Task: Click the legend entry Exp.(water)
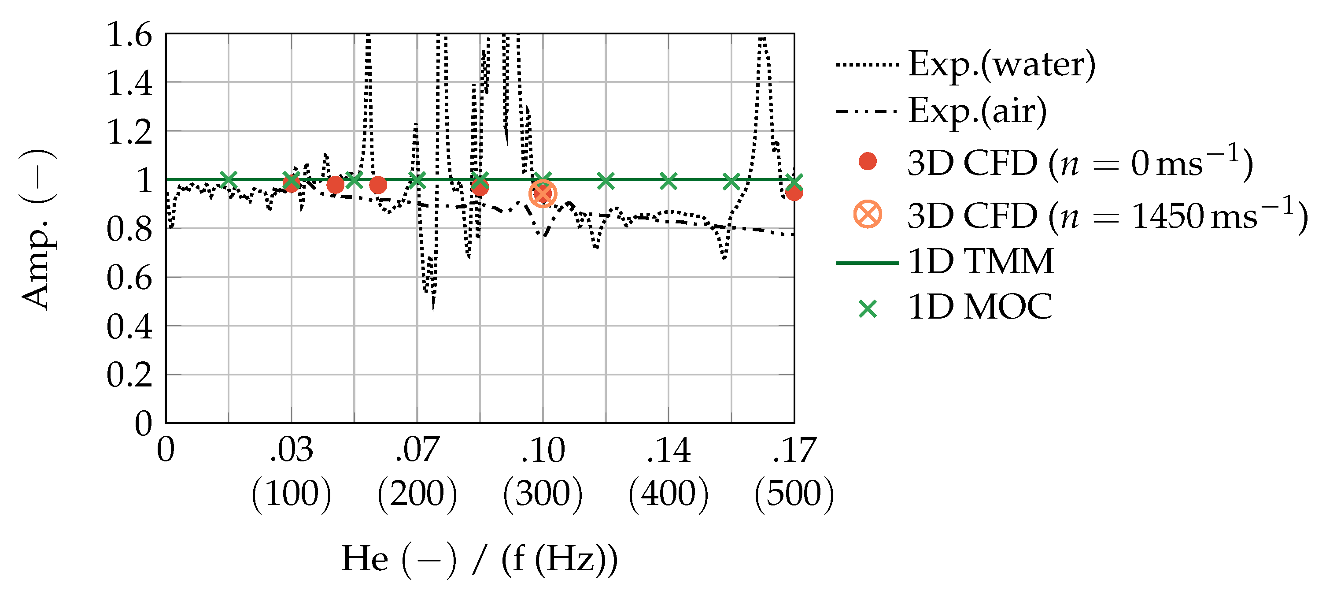(1001, 65)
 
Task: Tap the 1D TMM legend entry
(981, 262)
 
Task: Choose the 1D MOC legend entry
(979, 308)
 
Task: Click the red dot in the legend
(868, 162)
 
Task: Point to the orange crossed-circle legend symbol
(868, 214)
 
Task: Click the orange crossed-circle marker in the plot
(543, 193)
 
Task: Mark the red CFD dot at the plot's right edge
(794, 193)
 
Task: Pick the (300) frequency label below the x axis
(543, 494)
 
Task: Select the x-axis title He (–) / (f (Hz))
(479, 559)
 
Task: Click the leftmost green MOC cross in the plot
(229, 180)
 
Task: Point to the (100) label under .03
(292, 494)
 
